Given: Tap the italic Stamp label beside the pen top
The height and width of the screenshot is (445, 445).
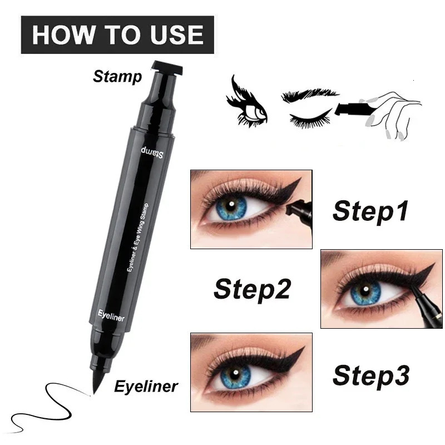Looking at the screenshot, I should click(117, 76).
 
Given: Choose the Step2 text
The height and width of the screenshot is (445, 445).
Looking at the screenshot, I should click(252, 289).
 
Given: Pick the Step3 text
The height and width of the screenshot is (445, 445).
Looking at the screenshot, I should click(371, 375).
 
